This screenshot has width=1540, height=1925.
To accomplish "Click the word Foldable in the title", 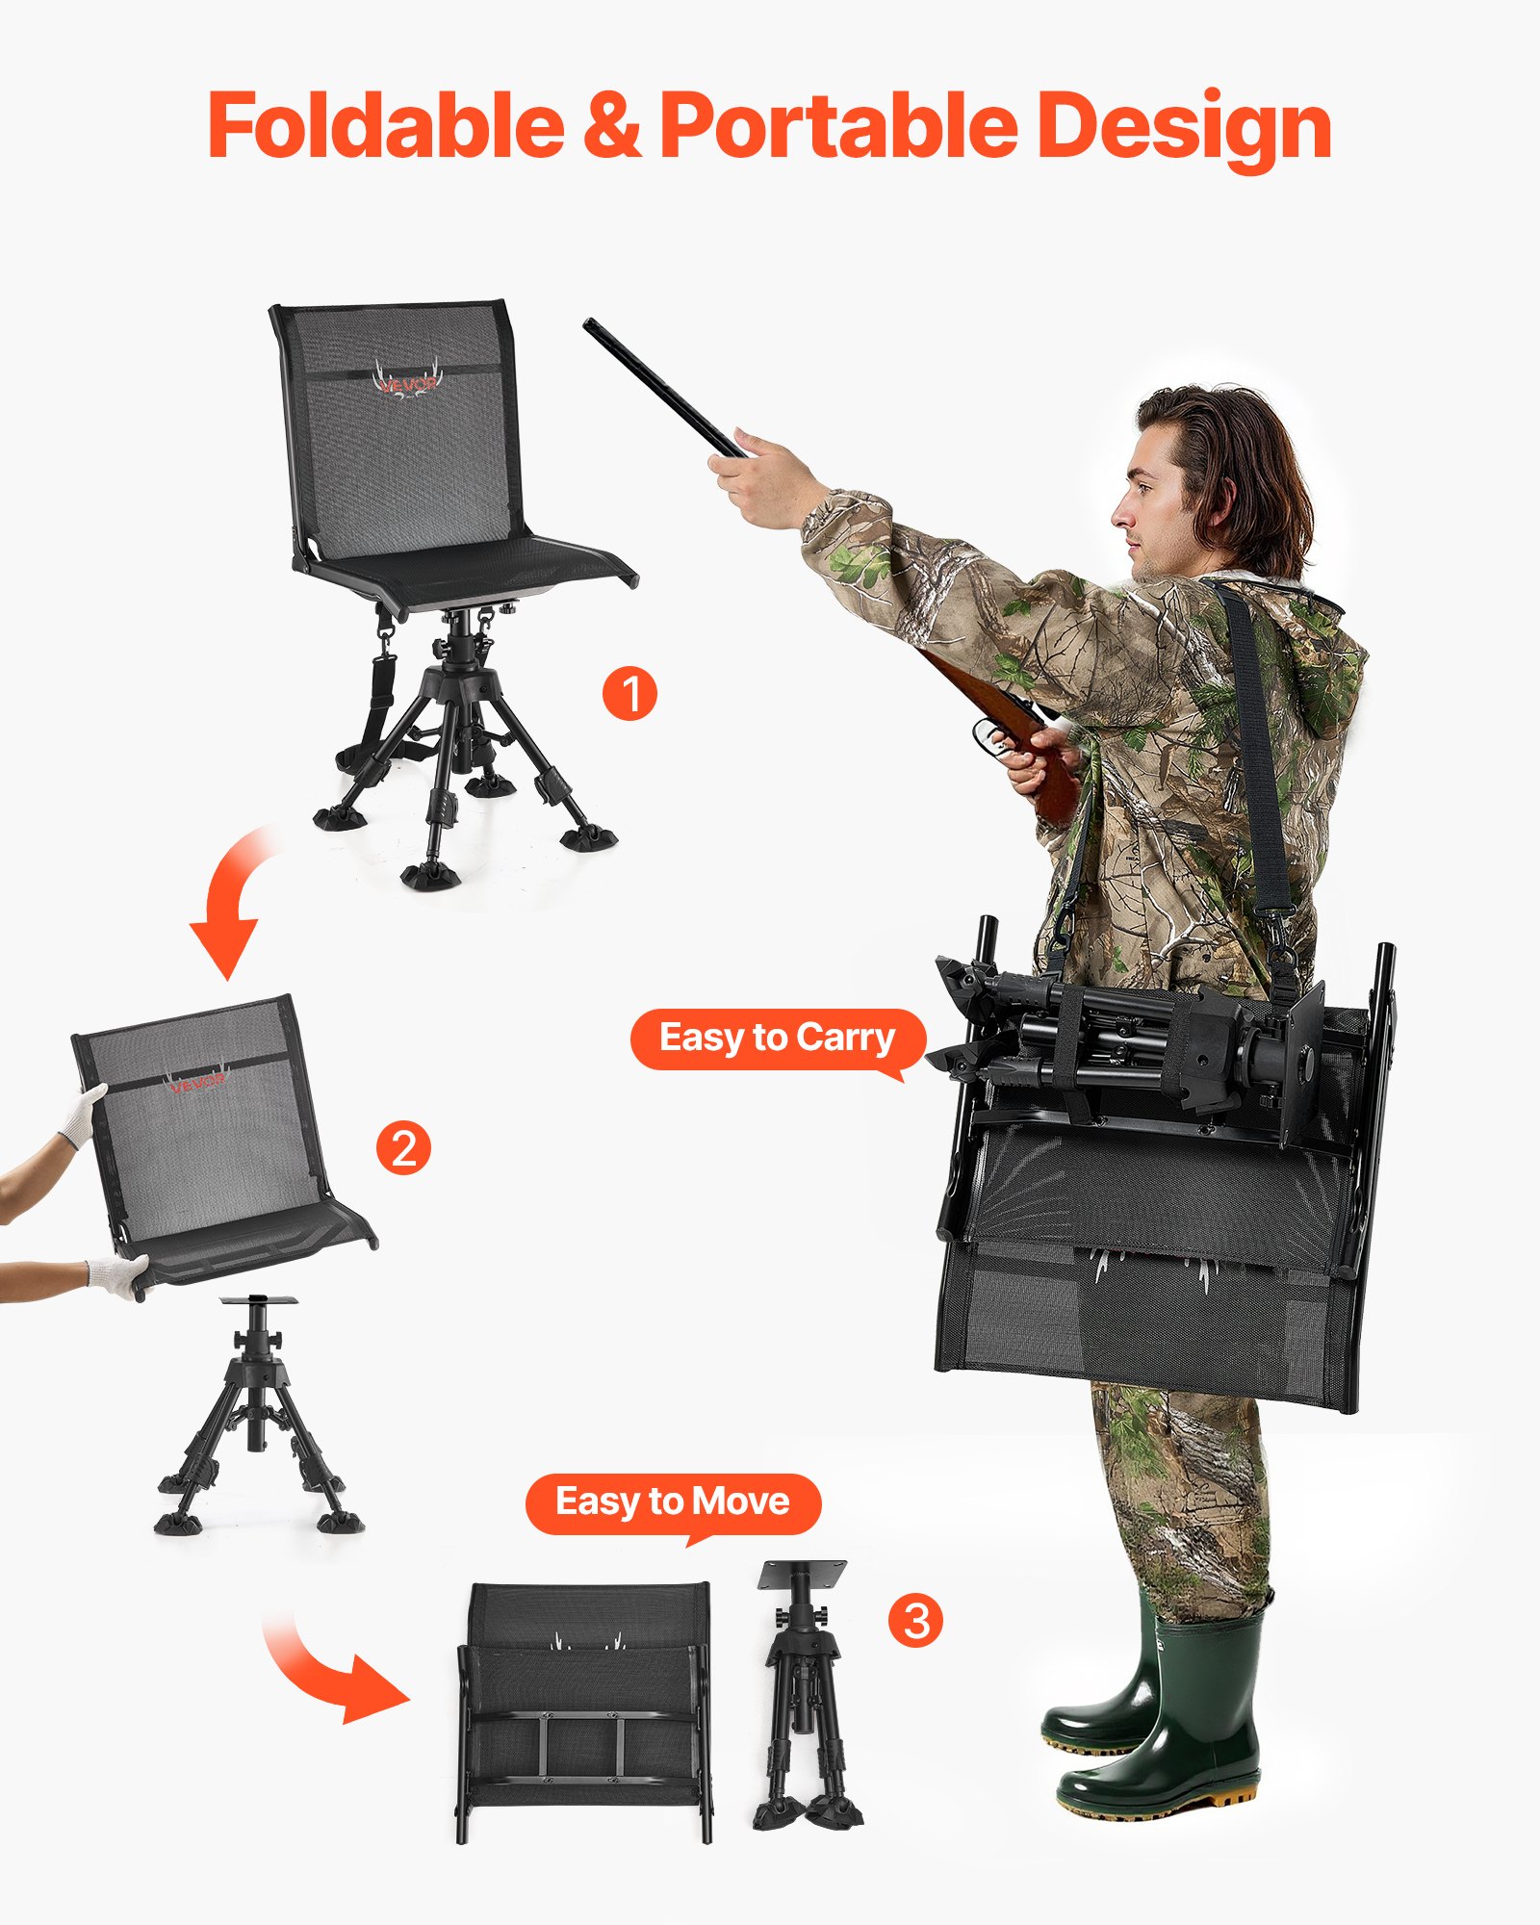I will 385,125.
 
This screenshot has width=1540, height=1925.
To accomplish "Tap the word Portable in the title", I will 837,125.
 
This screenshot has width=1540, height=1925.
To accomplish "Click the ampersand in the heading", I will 612,125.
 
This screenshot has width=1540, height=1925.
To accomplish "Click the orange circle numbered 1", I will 629,693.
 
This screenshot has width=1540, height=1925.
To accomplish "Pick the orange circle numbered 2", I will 403,1148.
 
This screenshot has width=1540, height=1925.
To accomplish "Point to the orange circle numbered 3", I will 915,1620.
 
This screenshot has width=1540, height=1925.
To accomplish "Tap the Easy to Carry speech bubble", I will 778,1039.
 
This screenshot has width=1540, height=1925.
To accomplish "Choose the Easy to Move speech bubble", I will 673,1501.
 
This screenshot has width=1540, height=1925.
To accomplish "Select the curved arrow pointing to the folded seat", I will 327,1675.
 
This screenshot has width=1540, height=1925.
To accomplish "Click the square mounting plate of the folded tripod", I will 802,1575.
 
